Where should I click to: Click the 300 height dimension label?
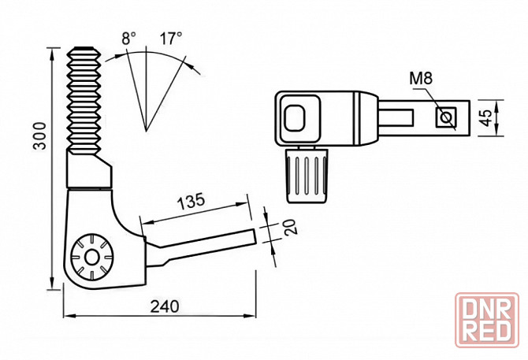40,135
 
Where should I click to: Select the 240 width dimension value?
165,306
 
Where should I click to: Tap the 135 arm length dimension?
191,201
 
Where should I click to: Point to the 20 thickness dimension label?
289,227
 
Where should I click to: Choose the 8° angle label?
128,39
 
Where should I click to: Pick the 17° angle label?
171,38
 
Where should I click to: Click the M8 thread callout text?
421,79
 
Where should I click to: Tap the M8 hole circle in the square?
446,117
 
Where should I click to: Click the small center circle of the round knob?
91,258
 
